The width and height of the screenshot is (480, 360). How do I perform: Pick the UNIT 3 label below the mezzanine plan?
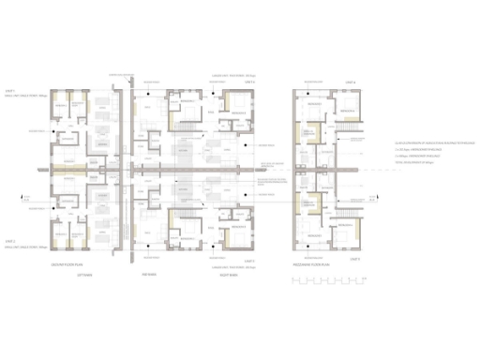[353, 258]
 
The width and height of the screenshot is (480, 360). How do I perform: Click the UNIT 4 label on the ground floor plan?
[249, 82]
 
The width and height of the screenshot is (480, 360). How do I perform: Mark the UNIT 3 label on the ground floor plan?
[249, 259]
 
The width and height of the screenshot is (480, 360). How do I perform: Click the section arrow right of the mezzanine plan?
[376, 197]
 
